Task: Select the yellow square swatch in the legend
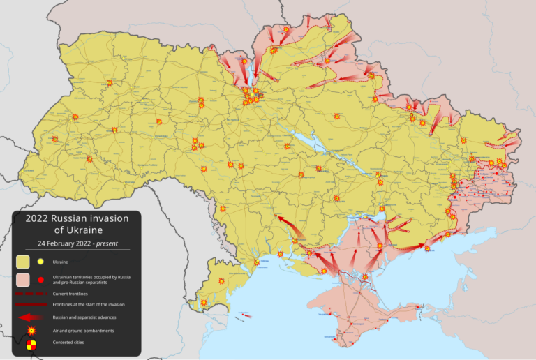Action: click(x=23, y=262)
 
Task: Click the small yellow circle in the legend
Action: click(x=40, y=262)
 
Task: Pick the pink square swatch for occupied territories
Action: click(x=23, y=280)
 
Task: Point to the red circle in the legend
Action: click(x=40, y=280)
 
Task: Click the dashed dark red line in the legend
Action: click(x=30, y=294)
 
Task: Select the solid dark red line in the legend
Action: click(x=30, y=304)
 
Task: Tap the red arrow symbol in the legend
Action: click(x=30, y=317)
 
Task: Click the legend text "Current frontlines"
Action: click(x=70, y=294)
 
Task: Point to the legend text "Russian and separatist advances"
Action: click(x=84, y=317)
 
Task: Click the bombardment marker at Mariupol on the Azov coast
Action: click(x=426, y=248)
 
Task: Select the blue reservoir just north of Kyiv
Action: click(x=247, y=73)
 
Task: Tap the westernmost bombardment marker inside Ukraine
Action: click(x=55, y=139)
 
